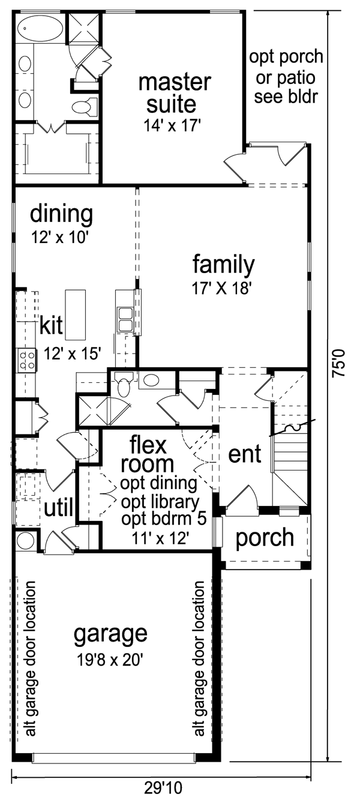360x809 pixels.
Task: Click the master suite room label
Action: coord(175,94)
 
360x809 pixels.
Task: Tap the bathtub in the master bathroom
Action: coord(41,28)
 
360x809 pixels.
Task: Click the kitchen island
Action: coord(76,314)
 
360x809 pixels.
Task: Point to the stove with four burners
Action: coord(28,361)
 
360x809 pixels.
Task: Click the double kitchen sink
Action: coord(125,320)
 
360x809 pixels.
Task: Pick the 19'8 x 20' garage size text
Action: coord(110,660)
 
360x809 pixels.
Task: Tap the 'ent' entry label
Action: coord(244,454)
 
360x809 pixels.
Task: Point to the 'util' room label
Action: coord(58,508)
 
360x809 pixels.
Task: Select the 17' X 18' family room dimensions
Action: coord(221,288)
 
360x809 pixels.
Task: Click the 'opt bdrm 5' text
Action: coord(164,519)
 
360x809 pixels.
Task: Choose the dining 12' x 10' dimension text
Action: coord(60,237)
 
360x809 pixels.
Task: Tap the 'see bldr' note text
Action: coord(286,97)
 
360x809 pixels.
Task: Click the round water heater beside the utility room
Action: coord(26,541)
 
